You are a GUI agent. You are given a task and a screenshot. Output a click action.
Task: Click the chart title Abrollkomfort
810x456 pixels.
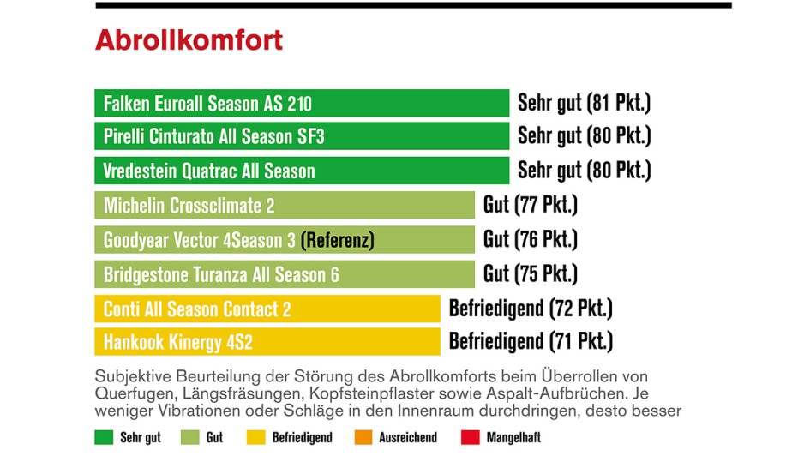[189, 40]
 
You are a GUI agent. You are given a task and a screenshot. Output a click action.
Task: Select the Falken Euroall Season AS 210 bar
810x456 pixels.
[302, 104]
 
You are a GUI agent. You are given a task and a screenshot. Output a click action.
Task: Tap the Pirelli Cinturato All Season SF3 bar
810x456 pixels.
[302, 136]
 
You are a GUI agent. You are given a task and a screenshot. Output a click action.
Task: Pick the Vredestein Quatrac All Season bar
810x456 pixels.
[302, 171]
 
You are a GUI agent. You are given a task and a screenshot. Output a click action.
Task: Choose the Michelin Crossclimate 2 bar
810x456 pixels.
[285, 206]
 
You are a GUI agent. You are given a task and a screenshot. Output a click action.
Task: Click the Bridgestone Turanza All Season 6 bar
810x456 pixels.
[285, 274]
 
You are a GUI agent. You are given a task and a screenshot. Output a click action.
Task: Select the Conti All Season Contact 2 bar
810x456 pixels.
[267, 309]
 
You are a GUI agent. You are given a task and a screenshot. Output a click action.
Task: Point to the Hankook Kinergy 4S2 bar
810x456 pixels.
[267, 343]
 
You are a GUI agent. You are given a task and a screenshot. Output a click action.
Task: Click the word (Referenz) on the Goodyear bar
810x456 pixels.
[337, 241]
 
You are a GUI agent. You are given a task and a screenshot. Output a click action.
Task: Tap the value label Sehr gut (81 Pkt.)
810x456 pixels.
[584, 104]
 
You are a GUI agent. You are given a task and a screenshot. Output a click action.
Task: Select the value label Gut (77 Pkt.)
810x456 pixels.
[530, 206]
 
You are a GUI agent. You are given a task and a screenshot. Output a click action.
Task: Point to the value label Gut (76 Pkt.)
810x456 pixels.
[530, 239]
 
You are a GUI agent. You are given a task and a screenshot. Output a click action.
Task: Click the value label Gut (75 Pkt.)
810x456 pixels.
[530, 273]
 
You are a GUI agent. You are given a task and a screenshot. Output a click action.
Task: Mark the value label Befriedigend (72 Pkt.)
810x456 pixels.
[531, 308]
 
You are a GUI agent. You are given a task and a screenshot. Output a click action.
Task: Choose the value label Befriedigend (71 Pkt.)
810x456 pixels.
[531, 342]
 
